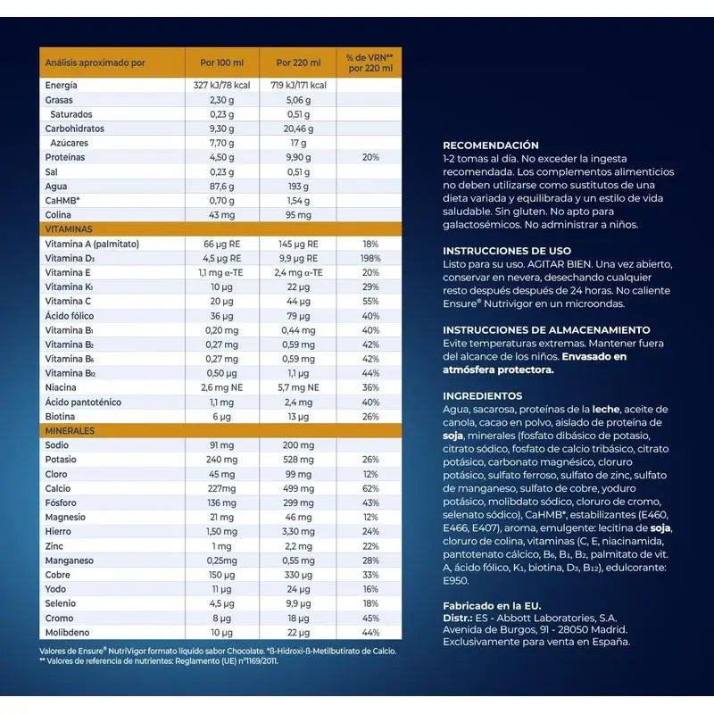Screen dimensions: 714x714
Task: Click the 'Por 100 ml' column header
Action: click(x=221, y=63)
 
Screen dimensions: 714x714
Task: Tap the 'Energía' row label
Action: click(x=62, y=86)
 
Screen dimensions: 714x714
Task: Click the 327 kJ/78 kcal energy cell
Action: click(x=221, y=86)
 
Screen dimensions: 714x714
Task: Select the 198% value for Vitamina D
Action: click(x=370, y=258)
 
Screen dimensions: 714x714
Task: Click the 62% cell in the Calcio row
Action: click(x=370, y=488)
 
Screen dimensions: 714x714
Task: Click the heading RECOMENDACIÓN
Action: click(x=491, y=145)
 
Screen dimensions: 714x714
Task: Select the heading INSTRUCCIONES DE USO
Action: click(x=507, y=251)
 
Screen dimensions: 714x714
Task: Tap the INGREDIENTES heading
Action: click(x=483, y=395)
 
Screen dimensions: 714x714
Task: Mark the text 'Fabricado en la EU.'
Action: click(x=492, y=605)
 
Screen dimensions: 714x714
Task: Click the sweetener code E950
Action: click(x=456, y=579)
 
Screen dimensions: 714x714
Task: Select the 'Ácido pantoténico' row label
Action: click(x=85, y=403)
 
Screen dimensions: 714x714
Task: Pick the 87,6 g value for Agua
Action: click(x=221, y=187)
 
